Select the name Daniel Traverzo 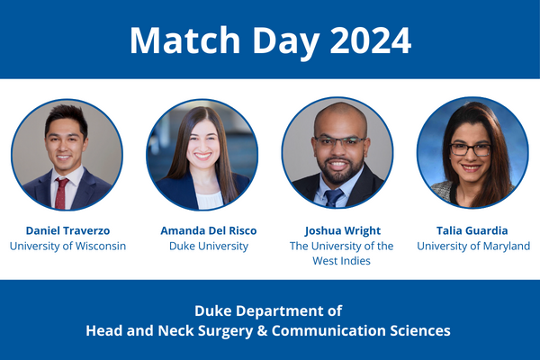coord(67,230)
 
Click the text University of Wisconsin coord(67,246)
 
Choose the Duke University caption coord(202,246)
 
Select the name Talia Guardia coord(474,230)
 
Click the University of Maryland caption coord(474,246)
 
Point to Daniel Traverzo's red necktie coord(61,191)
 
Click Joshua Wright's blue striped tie coord(335,197)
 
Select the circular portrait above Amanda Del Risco coord(202,154)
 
